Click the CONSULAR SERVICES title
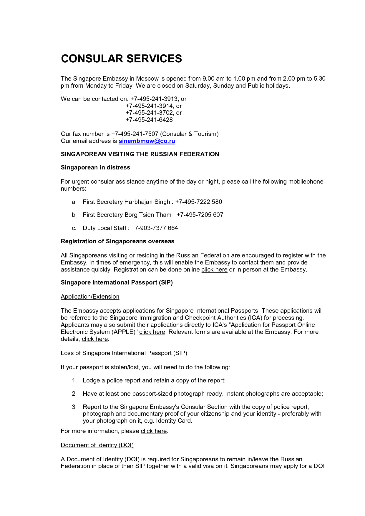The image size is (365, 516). point(121,59)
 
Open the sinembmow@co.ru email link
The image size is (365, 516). point(147,141)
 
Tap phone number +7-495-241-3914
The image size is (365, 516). point(150,106)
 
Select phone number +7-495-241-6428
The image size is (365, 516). point(149,120)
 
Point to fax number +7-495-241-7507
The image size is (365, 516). point(135,134)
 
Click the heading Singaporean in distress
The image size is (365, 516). point(95,167)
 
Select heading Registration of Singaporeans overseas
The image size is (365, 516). point(117,241)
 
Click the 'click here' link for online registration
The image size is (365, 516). point(214,269)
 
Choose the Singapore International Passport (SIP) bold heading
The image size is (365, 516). point(117,282)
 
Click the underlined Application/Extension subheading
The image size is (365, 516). point(90,297)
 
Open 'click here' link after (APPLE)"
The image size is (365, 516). point(152,332)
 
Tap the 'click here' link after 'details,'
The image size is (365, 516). point(95,339)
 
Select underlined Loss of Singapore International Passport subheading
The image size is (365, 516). point(124,353)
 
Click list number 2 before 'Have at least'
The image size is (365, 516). point(74,394)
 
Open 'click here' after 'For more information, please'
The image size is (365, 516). point(154,431)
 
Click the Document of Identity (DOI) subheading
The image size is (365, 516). point(97,445)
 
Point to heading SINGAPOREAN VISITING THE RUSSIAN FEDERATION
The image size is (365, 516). point(140,154)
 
